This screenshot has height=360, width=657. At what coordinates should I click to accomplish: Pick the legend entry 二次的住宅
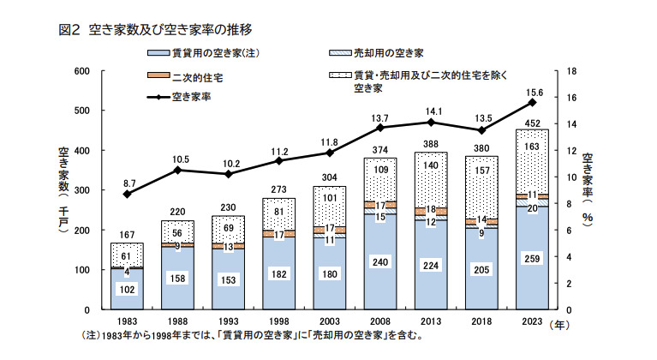click(196, 76)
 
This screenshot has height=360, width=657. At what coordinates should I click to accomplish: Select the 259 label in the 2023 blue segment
click(531, 257)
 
